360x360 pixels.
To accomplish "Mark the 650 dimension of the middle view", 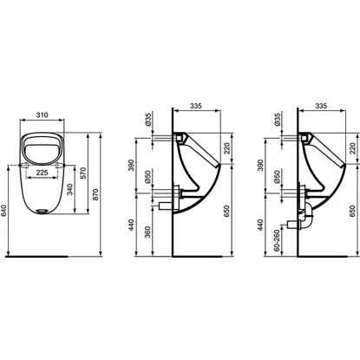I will click(227, 211).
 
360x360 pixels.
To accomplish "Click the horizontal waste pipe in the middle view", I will click(168, 206).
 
